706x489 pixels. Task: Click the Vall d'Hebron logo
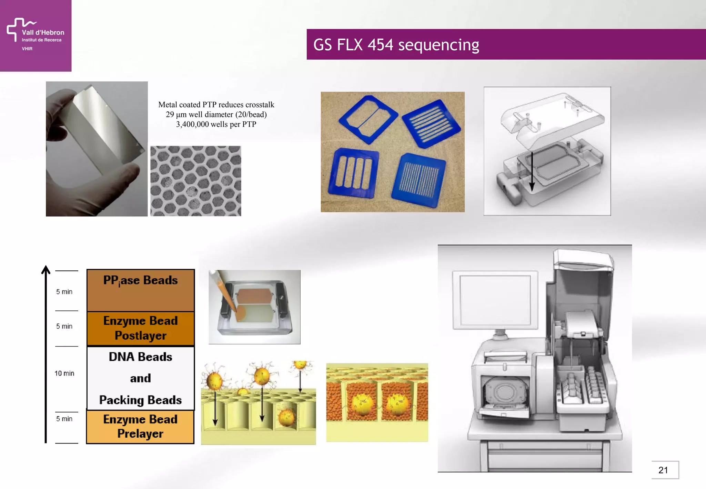coord(35,35)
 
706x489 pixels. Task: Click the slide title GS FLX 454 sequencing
coord(396,45)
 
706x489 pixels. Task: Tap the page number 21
coord(663,470)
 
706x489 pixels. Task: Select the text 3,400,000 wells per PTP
coord(216,124)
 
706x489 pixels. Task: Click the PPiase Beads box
coord(140,290)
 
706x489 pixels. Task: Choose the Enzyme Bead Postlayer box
coord(140,328)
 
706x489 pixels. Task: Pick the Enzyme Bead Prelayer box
coord(140,427)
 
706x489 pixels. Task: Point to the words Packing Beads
coord(140,400)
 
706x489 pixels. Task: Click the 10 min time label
coord(64,373)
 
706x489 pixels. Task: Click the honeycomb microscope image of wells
coord(195,181)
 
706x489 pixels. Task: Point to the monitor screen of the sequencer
coord(495,299)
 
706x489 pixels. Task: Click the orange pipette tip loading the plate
coord(228,297)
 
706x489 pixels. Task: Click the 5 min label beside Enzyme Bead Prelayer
coord(64,419)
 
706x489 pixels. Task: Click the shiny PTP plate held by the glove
coord(103,131)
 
